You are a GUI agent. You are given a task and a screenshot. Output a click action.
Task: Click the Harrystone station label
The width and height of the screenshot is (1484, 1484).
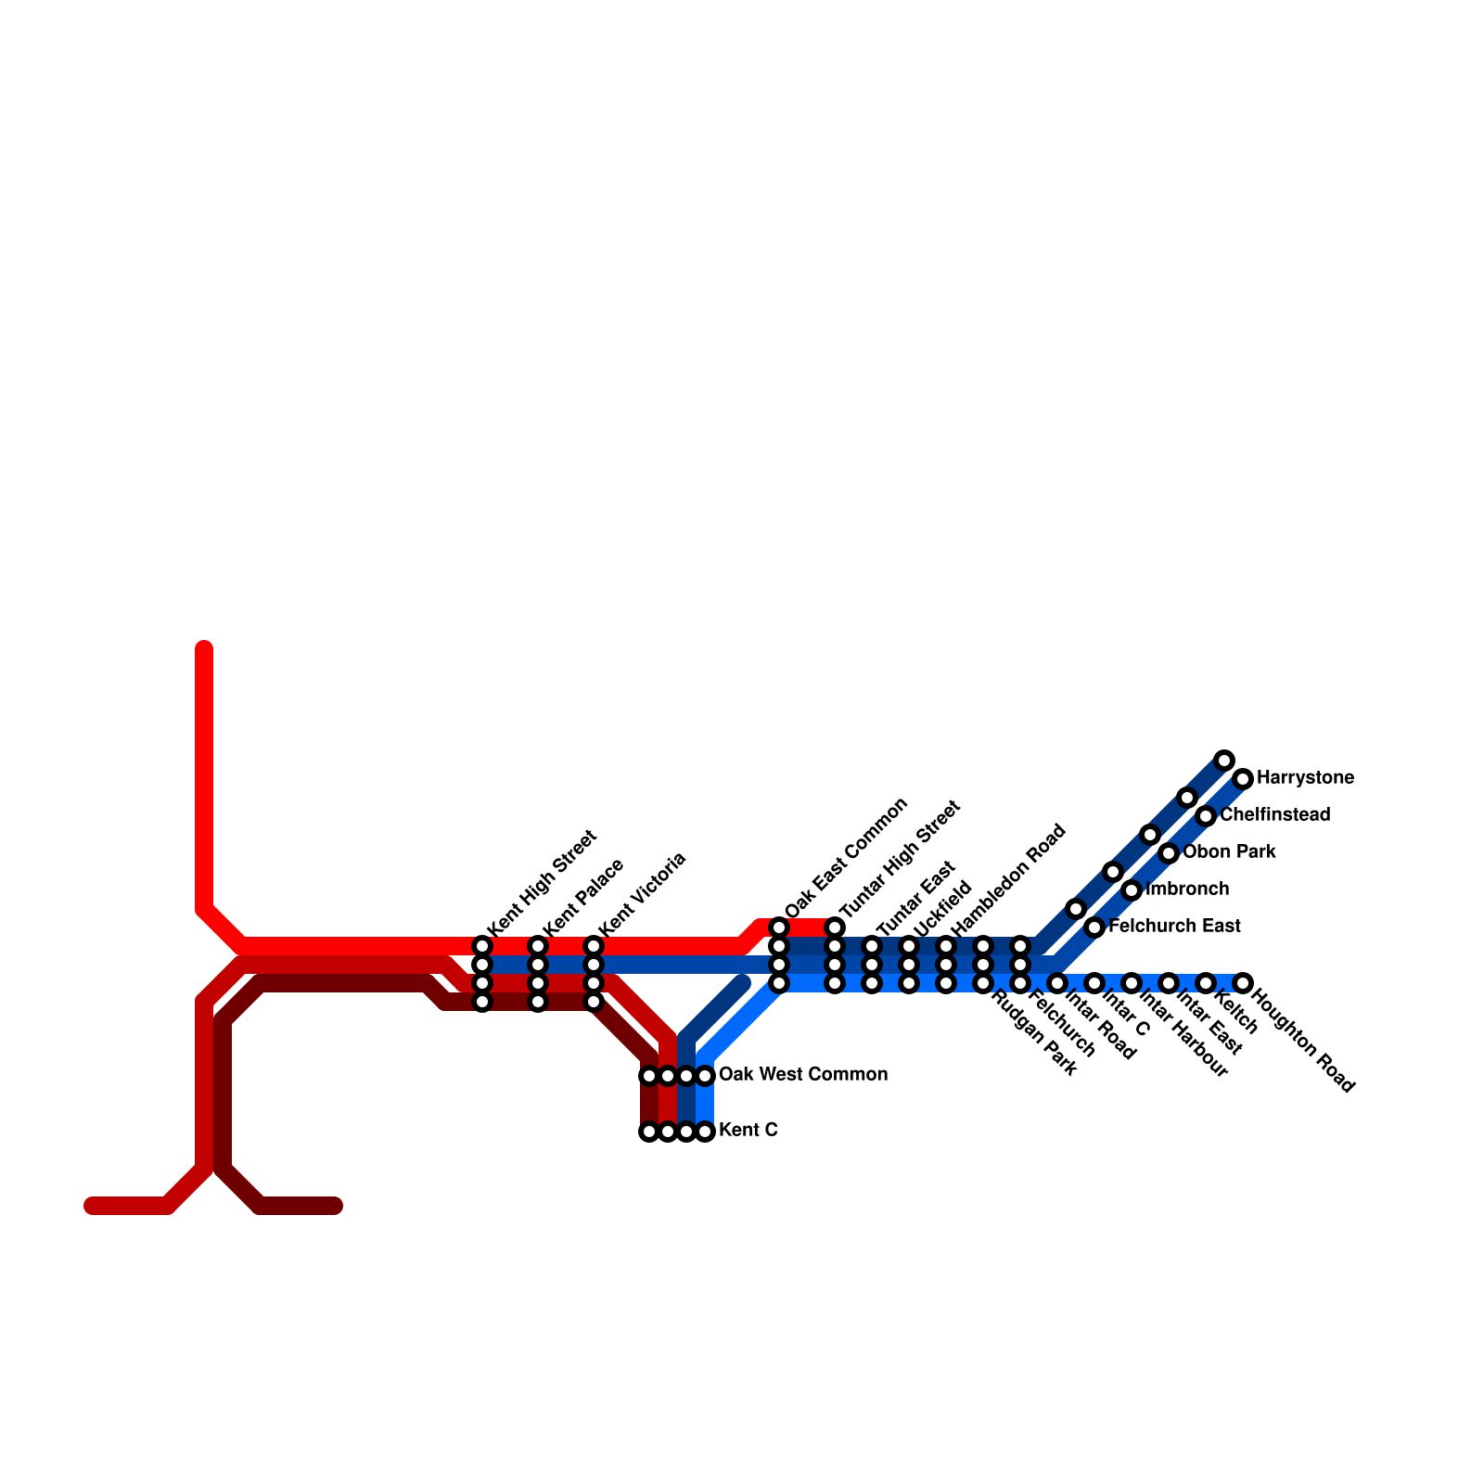click(1305, 778)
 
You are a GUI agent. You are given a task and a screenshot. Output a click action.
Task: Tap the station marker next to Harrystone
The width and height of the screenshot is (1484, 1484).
click(1243, 779)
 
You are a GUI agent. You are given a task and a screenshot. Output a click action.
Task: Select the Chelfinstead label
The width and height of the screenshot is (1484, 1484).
click(1275, 815)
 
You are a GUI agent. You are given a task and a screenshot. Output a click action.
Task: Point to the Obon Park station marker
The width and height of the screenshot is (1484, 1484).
click(1169, 853)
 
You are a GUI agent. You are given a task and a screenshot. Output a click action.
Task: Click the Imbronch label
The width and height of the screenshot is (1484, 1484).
click(1187, 889)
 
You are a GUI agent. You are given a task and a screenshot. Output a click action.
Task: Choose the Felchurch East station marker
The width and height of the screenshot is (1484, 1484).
click(1094, 927)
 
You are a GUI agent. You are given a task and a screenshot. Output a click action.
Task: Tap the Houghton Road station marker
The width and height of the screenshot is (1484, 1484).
click(1243, 983)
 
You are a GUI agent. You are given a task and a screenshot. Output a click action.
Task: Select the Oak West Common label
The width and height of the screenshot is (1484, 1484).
click(803, 1075)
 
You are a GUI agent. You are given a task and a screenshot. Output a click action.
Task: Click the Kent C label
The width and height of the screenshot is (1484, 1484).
click(748, 1131)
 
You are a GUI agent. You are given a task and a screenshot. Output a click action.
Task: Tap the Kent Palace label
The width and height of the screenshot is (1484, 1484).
click(583, 897)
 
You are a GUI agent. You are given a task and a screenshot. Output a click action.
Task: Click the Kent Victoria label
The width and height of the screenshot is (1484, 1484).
click(642, 894)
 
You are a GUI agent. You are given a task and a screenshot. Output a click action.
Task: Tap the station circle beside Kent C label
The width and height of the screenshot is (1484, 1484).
click(705, 1132)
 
